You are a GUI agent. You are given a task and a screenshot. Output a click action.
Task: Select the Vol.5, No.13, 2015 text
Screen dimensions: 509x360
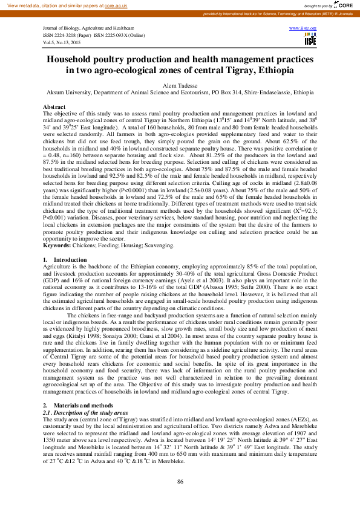pyautogui.click(x=62, y=42)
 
